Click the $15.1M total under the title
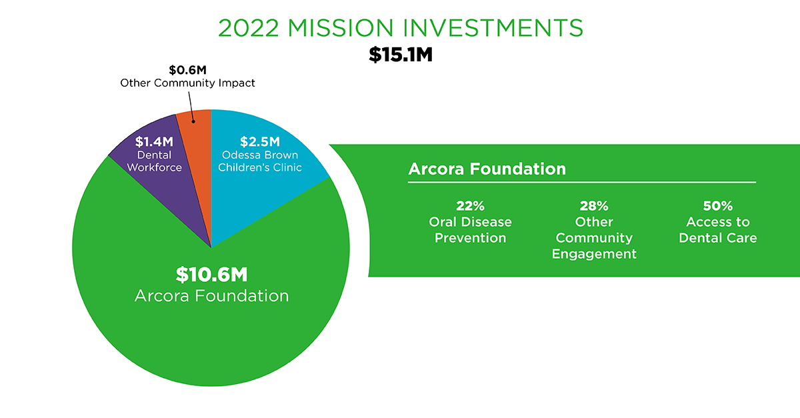tap(401, 55)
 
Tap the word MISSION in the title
tap(341, 28)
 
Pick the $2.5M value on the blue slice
tap(259, 142)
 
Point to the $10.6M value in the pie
tap(211, 275)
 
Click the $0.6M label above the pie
tap(187, 70)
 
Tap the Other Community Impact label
tap(187, 83)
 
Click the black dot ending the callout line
tap(193, 121)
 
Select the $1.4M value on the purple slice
tap(154, 142)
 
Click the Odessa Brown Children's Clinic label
tap(259, 161)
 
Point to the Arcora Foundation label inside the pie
tap(211, 296)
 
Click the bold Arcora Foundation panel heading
tap(487, 169)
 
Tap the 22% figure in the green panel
tap(470, 206)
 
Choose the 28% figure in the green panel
tap(594, 206)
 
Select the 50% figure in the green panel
tap(718, 206)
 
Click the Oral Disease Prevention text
tap(470, 230)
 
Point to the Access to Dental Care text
tap(718, 230)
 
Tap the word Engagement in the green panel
tap(594, 254)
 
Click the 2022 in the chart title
tap(248, 28)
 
